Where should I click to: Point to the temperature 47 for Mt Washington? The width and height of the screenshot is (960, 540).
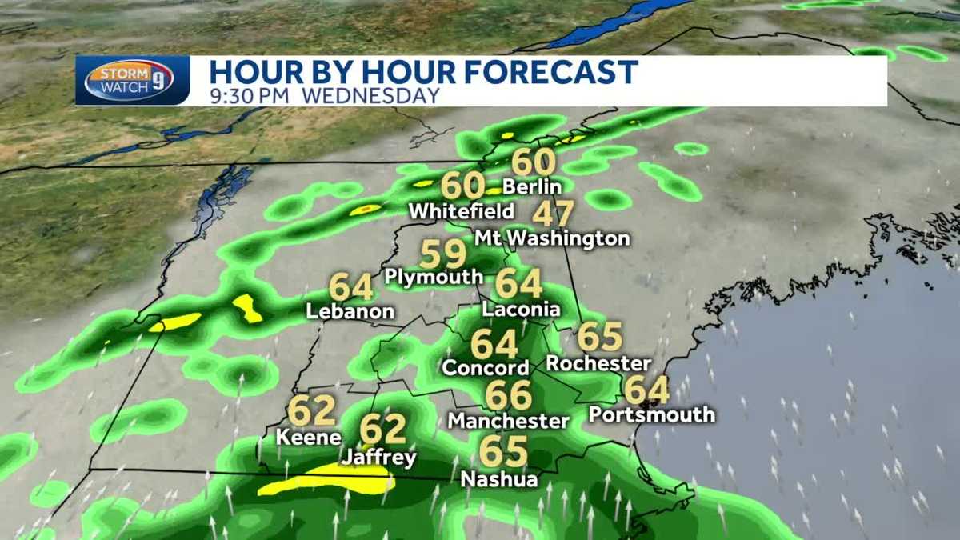553,214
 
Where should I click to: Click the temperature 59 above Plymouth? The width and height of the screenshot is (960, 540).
442,255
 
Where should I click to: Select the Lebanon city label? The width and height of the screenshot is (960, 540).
350,312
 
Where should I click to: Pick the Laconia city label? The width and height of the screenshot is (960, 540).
521,309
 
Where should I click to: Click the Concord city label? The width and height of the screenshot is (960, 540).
486,368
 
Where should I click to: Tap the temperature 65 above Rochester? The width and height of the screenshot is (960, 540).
600,337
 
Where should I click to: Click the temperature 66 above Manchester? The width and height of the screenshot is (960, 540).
509,394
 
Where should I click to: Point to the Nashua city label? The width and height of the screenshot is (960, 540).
499,480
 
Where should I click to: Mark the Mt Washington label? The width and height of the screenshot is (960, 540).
552,238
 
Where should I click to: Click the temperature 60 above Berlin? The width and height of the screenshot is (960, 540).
534,162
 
